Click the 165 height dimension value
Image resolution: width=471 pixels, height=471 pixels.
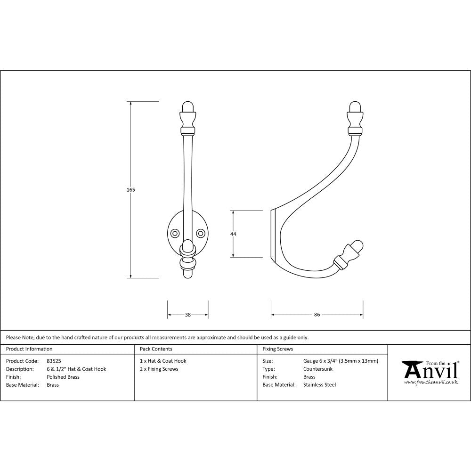(131, 190)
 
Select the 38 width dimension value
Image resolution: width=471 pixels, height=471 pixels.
(188, 315)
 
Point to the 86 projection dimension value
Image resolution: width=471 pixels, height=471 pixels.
(317, 315)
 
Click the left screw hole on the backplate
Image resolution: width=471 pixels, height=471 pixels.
(175, 233)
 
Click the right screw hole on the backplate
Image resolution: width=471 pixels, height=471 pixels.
(201, 233)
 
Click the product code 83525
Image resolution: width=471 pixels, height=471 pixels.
(54, 361)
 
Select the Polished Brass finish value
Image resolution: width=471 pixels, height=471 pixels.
(63, 377)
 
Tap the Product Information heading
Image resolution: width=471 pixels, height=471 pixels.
(29, 349)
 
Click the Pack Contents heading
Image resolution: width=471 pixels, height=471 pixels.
(156, 349)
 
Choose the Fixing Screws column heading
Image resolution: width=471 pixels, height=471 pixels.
(277, 349)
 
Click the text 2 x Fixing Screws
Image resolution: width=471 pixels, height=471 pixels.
(159, 369)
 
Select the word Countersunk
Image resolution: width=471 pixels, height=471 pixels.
(318, 369)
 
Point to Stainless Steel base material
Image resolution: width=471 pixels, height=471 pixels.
(320, 385)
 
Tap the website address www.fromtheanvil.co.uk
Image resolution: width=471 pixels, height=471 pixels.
(430, 382)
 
